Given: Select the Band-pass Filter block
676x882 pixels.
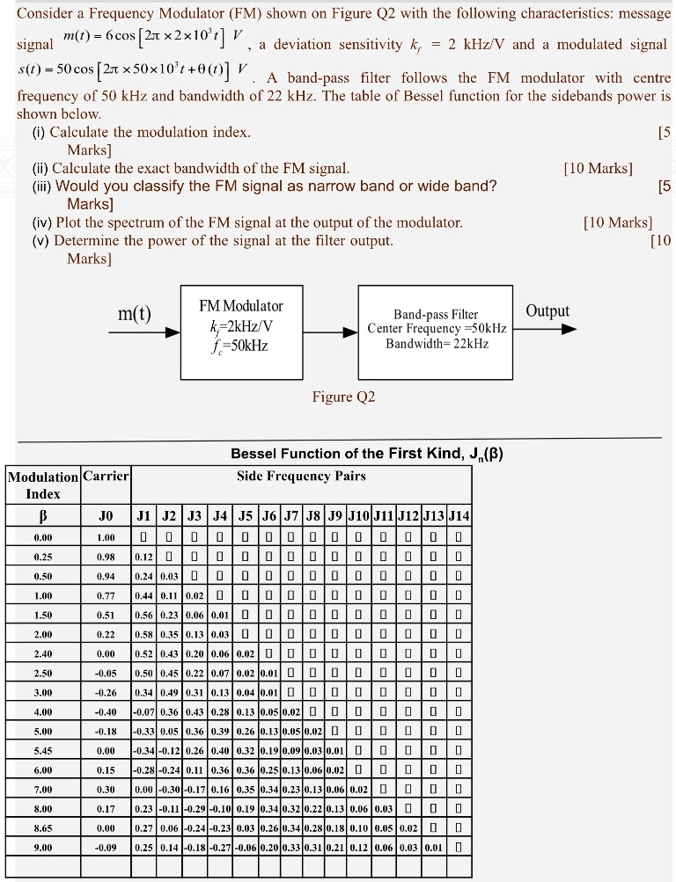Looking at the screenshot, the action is point(436,329).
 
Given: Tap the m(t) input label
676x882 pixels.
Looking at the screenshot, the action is point(135,315).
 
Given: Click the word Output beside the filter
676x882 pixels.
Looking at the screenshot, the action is point(547,311).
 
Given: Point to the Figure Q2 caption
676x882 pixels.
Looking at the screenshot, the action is point(343,397).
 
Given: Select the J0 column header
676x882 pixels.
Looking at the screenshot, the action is point(106,515).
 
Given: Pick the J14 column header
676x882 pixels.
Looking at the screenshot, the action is point(459,515).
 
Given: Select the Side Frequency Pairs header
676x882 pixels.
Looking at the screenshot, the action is point(301,477).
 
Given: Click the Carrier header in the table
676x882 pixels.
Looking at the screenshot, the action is point(106,477).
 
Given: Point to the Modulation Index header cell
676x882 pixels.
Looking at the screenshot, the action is point(42,485).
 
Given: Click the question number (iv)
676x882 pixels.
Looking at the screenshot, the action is point(42,222).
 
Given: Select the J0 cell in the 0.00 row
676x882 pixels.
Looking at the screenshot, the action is point(106,537).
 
